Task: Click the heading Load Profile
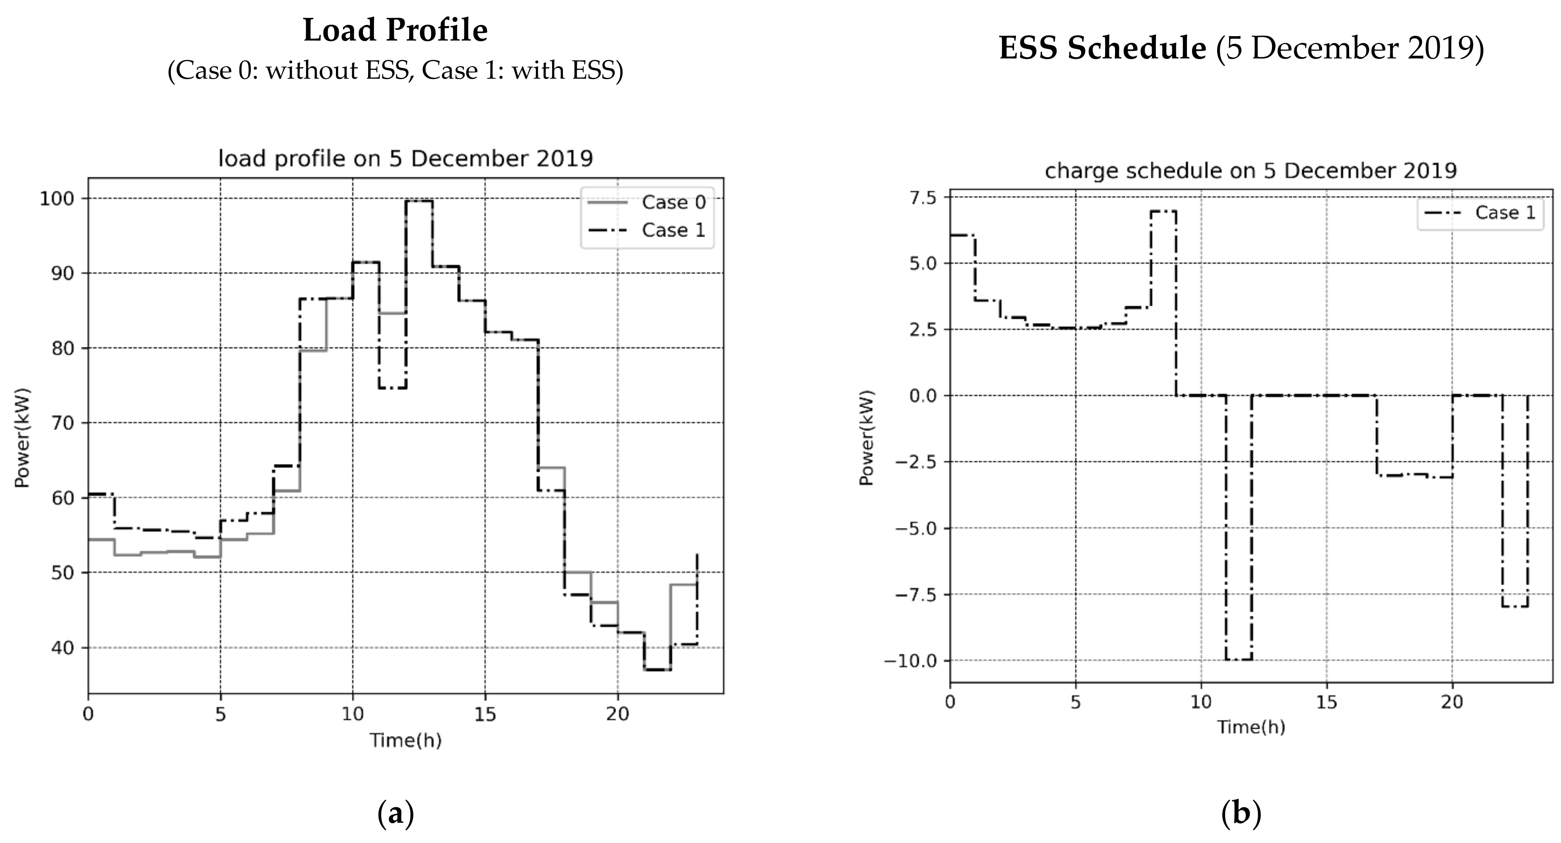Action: pos(395,30)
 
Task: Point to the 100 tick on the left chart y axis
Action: pos(56,199)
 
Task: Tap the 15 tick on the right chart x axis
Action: pos(1326,702)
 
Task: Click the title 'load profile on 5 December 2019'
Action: pos(405,159)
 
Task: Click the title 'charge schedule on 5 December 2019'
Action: pos(1251,171)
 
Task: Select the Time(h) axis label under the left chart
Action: pos(405,740)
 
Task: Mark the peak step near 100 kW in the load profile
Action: pos(419,201)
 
